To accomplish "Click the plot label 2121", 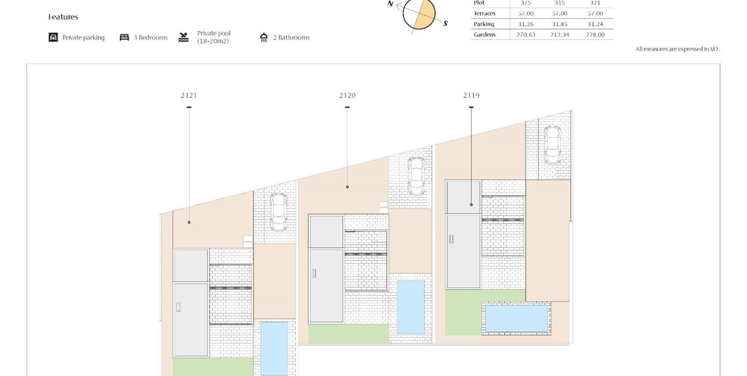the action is pyautogui.click(x=189, y=95).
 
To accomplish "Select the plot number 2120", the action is pyautogui.click(x=347, y=95).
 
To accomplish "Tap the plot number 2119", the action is pyautogui.click(x=471, y=95).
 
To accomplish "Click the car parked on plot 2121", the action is pyautogui.click(x=278, y=212).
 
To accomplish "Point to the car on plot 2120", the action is pyautogui.click(x=417, y=176).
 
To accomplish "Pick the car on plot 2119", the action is pyautogui.click(x=553, y=145).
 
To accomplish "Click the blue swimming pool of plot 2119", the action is pyautogui.click(x=516, y=318).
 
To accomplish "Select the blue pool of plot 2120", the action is pyautogui.click(x=411, y=307).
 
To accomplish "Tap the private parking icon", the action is pyautogui.click(x=53, y=38).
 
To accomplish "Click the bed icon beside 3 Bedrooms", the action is pyautogui.click(x=124, y=38).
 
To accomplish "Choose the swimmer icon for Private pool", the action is pyautogui.click(x=183, y=38).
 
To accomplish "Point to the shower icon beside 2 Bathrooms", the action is pyautogui.click(x=264, y=38).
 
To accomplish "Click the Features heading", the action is pyautogui.click(x=63, y=17).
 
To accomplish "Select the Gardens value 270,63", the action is pyautogui.click(x=526, y=35).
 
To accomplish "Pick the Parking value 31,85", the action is pyautogui.click(x=560, y=24).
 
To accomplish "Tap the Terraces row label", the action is pyautogui.click(x=484, y=13).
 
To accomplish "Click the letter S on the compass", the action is pyautogui.click(x=445, y=23).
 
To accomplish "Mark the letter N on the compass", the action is pyautogui.click(x=391, y=3).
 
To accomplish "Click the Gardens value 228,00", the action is pyautogui.click(x=595, y=35).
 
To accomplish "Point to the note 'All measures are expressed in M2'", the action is pyautogui.click(x=678, y=49).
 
